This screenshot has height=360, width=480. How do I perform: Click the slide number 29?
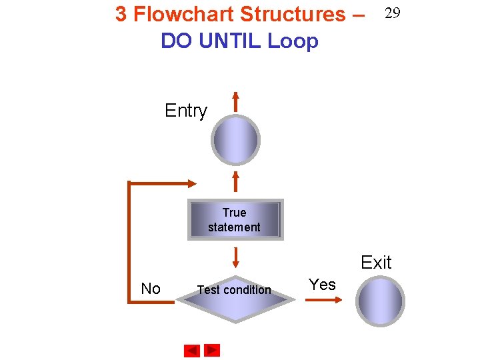[x=392, y=13]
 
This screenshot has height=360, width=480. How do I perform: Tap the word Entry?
[x=186, y=111]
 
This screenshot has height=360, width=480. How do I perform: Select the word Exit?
[x=376, y=263]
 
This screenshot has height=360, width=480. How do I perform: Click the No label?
[x=151, y=289]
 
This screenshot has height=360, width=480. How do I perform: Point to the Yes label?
[x=323, y=285]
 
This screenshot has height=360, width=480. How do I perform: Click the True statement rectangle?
[x=235, y=219]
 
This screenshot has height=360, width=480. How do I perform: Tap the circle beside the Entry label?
[x=235, y=140]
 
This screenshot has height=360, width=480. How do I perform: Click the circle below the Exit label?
[x=380, y=301]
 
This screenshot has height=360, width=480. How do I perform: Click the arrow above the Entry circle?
[x=235, y=100]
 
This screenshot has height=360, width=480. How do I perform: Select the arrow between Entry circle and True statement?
[x=235, y=182]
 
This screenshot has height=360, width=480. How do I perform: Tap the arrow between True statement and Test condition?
[x=235, y=257]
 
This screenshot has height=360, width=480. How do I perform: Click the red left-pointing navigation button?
[x=192, y=350]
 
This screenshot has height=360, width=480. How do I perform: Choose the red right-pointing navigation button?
[x=212, y=349]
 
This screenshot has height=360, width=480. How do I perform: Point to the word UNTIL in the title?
[x=228, y=41]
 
